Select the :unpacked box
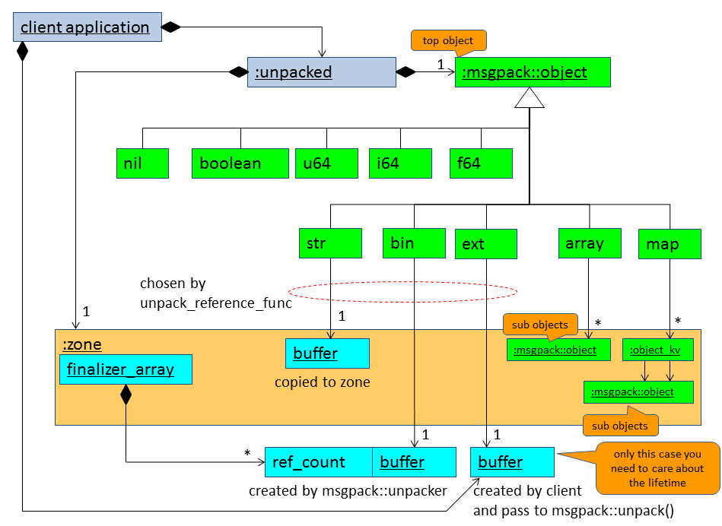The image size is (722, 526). click(321, 72)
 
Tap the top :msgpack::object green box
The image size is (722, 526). click(533, 72)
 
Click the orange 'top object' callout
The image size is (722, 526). click(448, 41)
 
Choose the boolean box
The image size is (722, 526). click(240, 163)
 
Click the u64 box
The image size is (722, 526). click(326, 163)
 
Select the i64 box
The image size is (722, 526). click(400, 163)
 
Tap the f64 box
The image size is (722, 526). click(480, 163)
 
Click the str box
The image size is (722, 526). click(330, 243)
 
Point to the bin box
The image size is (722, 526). click(414, 243)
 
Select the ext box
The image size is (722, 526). click(485, 244)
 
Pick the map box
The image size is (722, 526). click(670, 244)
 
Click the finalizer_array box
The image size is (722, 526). click(126, 370)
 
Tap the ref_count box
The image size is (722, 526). click(318, 462)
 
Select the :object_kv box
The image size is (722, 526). click(658, 350)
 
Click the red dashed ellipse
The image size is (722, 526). click(402, 291)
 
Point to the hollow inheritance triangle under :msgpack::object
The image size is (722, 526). click(530, 97)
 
